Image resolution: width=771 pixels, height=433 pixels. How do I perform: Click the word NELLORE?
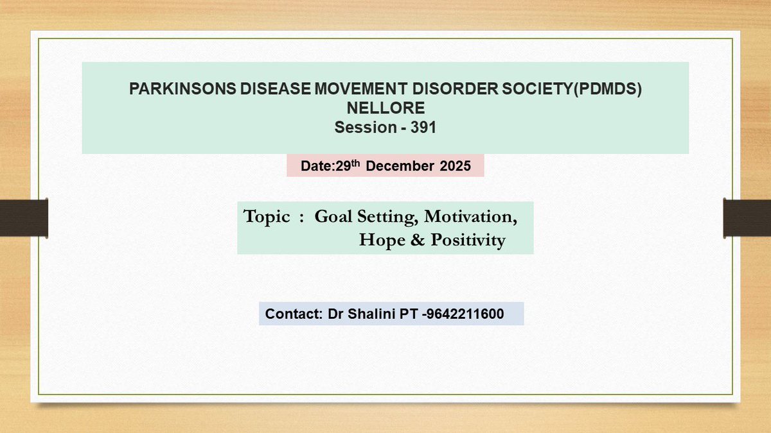click(385, 109)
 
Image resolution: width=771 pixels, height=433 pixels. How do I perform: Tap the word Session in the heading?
click(366, 128)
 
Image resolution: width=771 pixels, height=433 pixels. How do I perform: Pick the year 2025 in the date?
click(456, 166)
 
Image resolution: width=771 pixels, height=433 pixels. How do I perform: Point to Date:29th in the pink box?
click(332, 166)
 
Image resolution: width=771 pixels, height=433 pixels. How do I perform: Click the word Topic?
click(267, 217)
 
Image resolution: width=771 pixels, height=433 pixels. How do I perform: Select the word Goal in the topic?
click(333, 217)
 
